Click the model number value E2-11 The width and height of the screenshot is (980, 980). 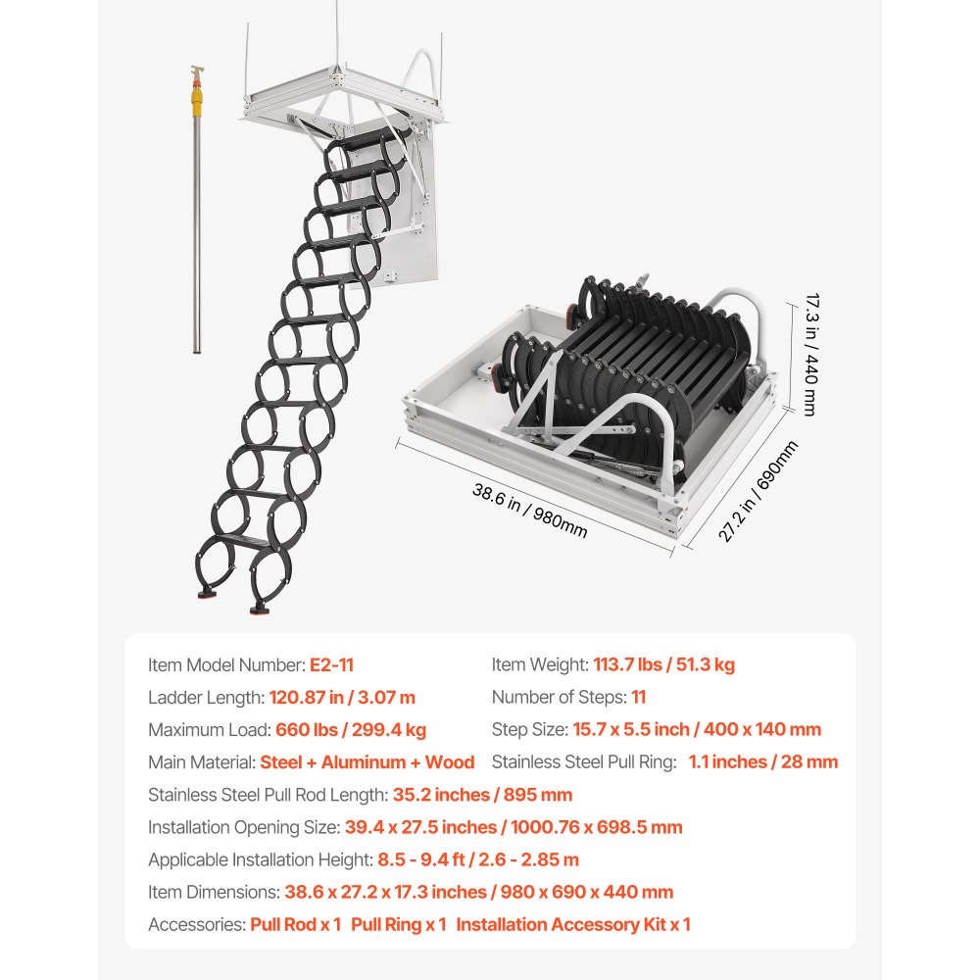(331, 665)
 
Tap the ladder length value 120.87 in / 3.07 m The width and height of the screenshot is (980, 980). (341, 698)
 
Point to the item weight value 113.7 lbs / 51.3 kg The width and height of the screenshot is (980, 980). (663, 665)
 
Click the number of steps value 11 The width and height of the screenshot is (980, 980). (639, 698)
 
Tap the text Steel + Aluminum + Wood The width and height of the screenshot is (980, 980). (367, 762)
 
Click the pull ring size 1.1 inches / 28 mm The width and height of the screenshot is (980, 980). (762, 762)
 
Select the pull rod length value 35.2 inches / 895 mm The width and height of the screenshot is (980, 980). (482, 795)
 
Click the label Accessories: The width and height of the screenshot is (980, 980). (196, 924)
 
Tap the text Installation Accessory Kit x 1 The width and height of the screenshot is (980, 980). (573, 924)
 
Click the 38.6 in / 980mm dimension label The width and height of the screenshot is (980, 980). (530, 511)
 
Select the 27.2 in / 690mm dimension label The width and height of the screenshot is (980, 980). (758, 491)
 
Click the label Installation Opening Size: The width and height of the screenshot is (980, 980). (244, 827)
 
